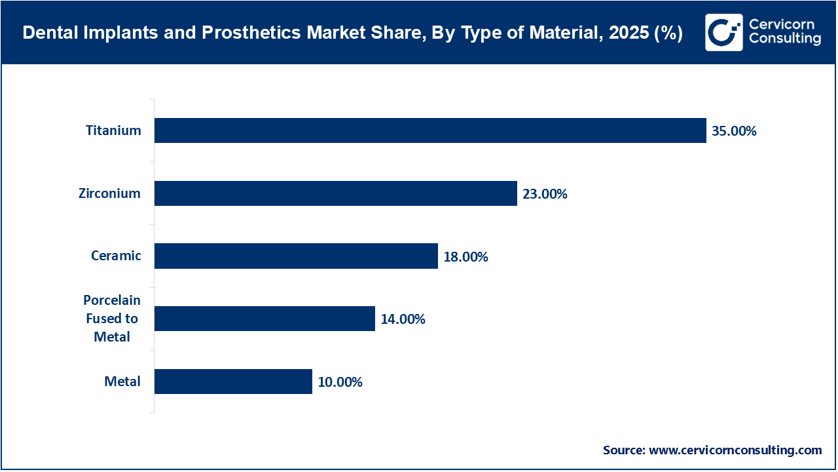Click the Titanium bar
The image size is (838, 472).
tap(430, 130)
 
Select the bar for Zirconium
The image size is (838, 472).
tap(335, 193)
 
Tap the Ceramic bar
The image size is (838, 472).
tap(296, 256)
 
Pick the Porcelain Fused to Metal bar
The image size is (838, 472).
tap(264, 319)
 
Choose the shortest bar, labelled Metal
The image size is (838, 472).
tap(233, 382)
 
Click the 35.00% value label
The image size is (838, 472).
tap(734, 131)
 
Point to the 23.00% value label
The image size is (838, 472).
tap(545, 194)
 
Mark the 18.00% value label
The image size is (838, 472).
tap(465, 256)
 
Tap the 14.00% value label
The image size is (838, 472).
tap(403, 319)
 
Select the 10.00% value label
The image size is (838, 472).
tap(340, 382)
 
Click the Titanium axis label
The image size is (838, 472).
tap(113, 130)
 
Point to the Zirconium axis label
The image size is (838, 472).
tap(110, 193)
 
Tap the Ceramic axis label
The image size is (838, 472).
tap(116, 256)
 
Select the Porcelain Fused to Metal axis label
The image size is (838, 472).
tap(112, 319)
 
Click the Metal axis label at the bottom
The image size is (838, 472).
tap(122, 382)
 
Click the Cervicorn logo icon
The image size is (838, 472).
tap(723, 32)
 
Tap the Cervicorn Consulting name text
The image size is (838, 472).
tap(784, 32)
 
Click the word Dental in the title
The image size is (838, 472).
tap(45, 33)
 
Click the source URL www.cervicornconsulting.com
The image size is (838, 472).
tap(735, 450)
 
